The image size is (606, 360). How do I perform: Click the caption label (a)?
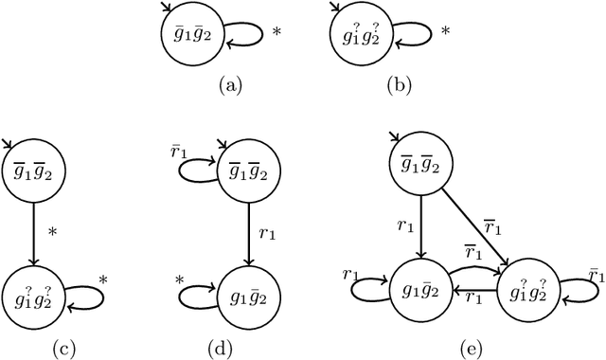click(x=229, y=85)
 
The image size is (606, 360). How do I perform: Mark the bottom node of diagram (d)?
click(x=244, y=290)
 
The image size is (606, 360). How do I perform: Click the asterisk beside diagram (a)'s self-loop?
click(x=276, y=32)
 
